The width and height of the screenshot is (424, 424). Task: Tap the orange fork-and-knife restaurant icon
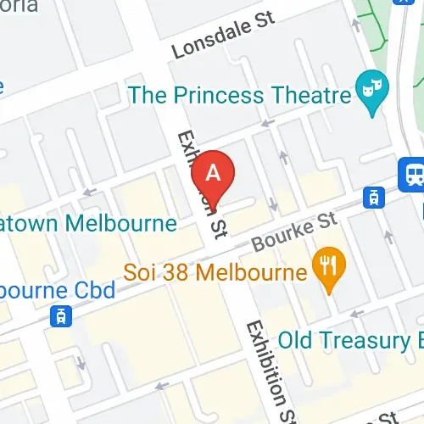pos(327,264)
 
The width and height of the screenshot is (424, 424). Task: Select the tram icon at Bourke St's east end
pos(371,198)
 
